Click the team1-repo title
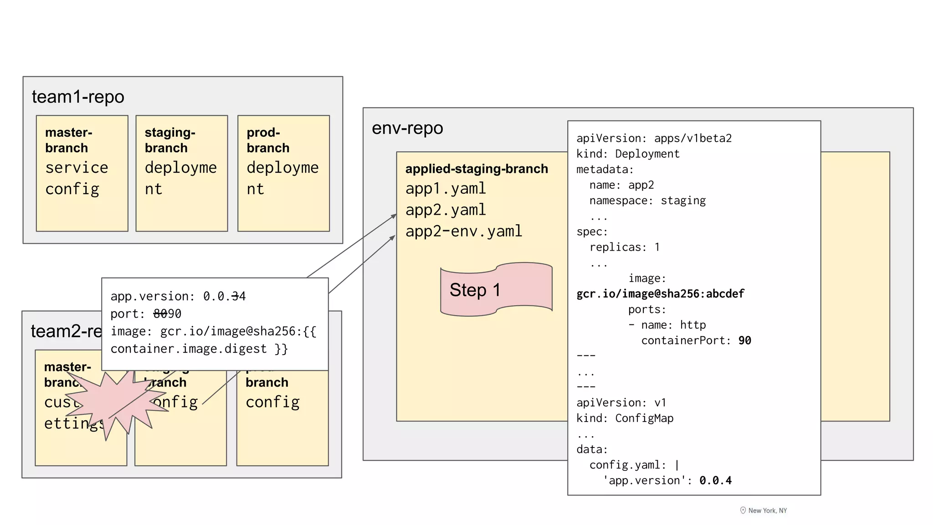(x=78, y=97)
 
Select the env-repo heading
(x=407, y=128)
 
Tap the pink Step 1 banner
(x=496, y=290)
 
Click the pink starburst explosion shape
(x=114, y=401)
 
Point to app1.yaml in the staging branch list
(x=446, y=188)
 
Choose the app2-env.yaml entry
(x=464, y=231)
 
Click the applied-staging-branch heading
(x=477, y=169)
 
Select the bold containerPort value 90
(x=744, y=340)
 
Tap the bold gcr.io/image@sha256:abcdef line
(x=660, y=293)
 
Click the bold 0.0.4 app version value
(x=715, y=480)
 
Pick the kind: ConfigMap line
(x=625, y=418)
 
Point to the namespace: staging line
(x=647, y=201)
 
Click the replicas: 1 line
(x=624, y=247)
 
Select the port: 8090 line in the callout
(x=146, y=314)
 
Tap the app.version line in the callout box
(x=178, y=296)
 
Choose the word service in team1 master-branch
(x=77, y=167)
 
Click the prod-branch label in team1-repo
(x=268, y=140)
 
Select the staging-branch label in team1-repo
(x=169, y=140)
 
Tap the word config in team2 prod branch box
(x=272, y=402)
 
